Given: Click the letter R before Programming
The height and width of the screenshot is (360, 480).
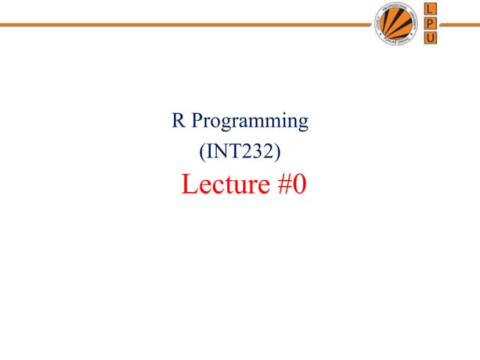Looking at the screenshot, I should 178,121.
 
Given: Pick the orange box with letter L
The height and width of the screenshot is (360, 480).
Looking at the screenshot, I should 432,10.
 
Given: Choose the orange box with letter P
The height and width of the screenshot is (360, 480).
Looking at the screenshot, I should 432,23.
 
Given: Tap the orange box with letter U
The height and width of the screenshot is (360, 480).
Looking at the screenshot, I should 432,37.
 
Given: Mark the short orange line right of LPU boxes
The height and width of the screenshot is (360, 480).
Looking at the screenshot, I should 460,24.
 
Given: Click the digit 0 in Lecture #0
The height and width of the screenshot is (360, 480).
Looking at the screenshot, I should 298,184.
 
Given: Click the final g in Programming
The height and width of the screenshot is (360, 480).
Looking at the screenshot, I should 302,124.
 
